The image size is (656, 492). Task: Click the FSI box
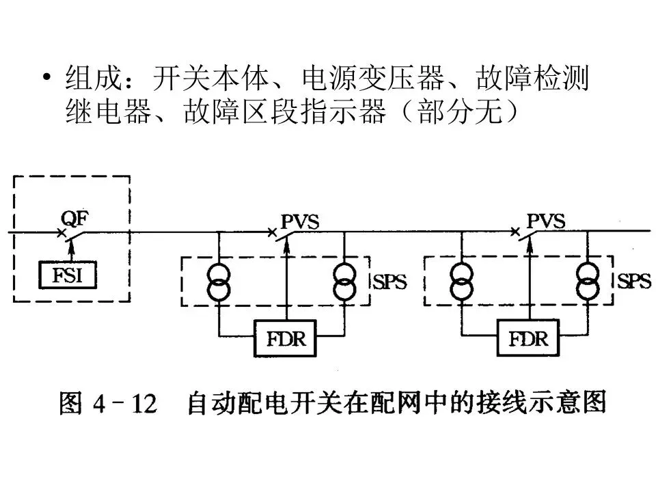click(66, 276)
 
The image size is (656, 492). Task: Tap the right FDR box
click(530, 338)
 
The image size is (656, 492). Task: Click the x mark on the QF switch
click(61, 234)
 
